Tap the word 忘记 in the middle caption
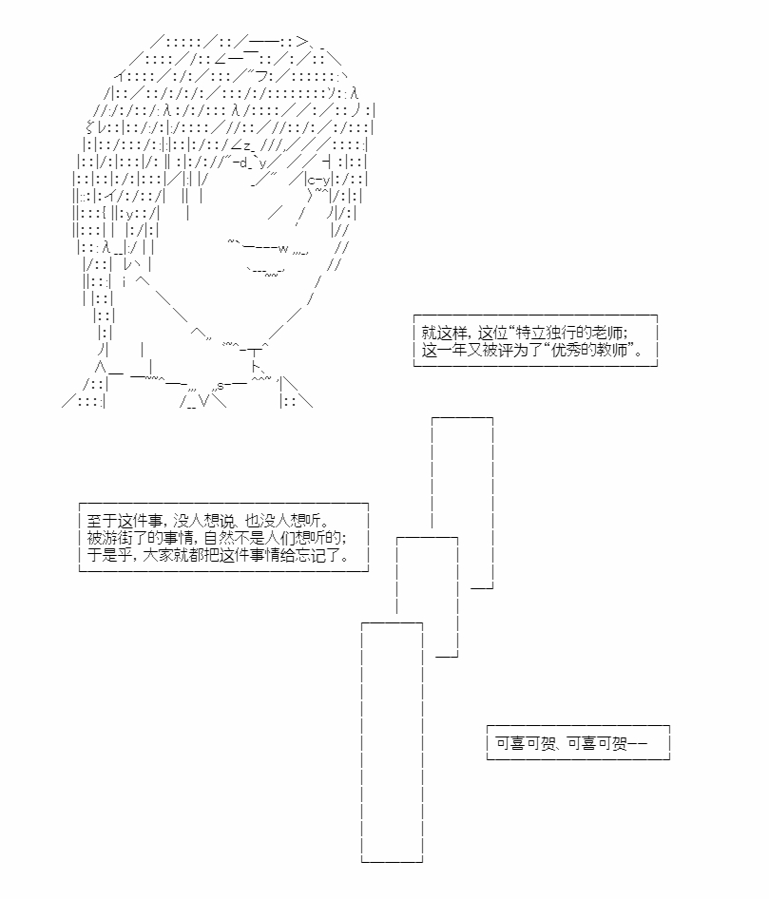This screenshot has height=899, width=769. [310, 556]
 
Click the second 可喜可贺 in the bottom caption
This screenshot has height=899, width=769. [597, 744]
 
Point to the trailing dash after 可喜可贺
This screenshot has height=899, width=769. [637, 744]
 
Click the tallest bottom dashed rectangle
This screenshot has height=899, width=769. [362, 742]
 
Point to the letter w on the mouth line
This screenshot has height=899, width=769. [282, 249]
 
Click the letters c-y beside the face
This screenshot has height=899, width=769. [319, 181]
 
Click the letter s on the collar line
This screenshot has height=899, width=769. [221, 387]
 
